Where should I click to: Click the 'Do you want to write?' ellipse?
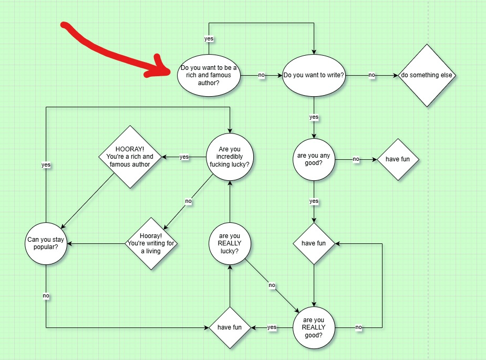[x=314, y=75]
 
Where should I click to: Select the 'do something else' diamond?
[x=427, y=75]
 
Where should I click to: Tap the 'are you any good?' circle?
[x=314, y=159]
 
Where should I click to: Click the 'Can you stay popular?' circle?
[x=46, y=243]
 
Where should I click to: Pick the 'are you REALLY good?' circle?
[x=314, y=327]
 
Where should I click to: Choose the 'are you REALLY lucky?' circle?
[x=230, y=243]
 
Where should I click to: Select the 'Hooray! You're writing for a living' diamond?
[x=151, y=243]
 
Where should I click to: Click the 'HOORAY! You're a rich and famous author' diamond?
[x=130, y=157]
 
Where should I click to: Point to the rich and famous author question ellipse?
[x=209, y=75]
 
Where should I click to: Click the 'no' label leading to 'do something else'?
[x=372, y=75]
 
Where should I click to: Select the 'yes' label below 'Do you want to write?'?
[x=314, y=117]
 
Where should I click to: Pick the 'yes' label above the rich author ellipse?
[x=209, y=38]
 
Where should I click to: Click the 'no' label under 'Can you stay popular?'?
[x=46, y=296]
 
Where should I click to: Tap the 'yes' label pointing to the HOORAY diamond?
[x=184, y=157]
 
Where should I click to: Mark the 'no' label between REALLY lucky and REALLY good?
[x=272, y=285]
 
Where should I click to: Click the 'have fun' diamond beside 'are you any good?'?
[x=398, y=159]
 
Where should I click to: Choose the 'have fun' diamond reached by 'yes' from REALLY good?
[x=230, y=327]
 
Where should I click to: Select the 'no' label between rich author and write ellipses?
[x=261, y=75]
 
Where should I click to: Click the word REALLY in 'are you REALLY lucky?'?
[x=230, y=243]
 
